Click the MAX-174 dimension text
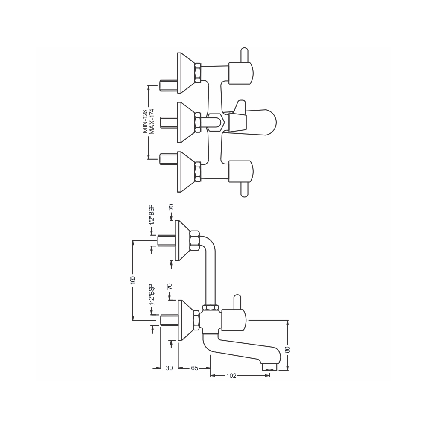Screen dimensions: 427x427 [x=152, y=121]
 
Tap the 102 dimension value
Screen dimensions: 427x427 [x=231, y=376]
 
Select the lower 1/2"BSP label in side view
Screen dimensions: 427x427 [x=151, y=295]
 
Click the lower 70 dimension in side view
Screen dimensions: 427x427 [x=170, y=287]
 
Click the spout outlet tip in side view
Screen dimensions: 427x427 [x=269, y=366]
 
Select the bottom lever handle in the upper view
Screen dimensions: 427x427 [x=244, y=190]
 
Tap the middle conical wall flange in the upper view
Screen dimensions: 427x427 [x=185, y=123]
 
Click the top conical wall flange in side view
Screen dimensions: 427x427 [x=184, y=240]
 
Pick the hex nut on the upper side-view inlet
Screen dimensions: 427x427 [x=194, y=240]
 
